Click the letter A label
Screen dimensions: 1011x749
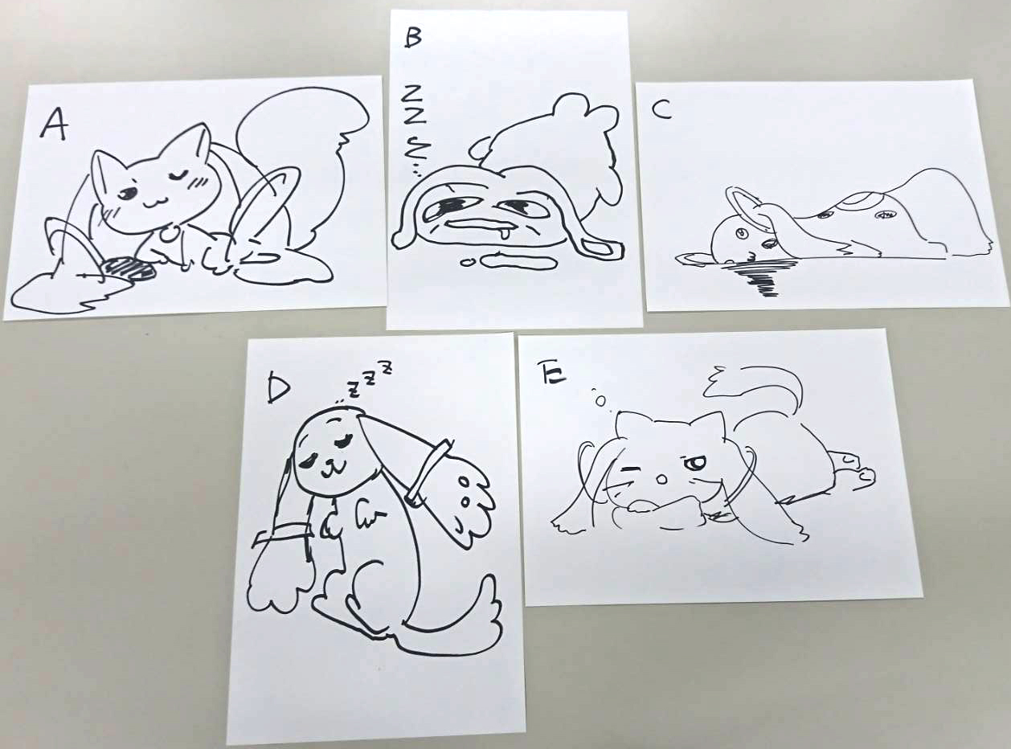(x=54, y=125)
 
